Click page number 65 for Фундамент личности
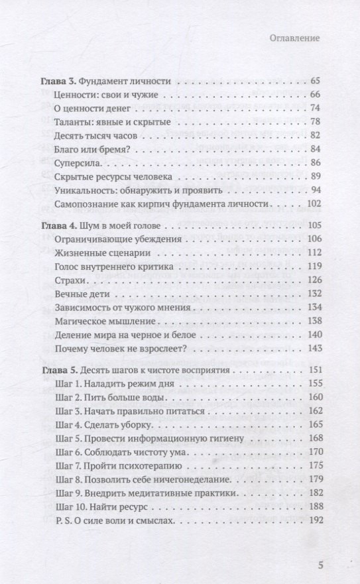click(x=315, y=81)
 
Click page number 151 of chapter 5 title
click(x=314, y=370)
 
